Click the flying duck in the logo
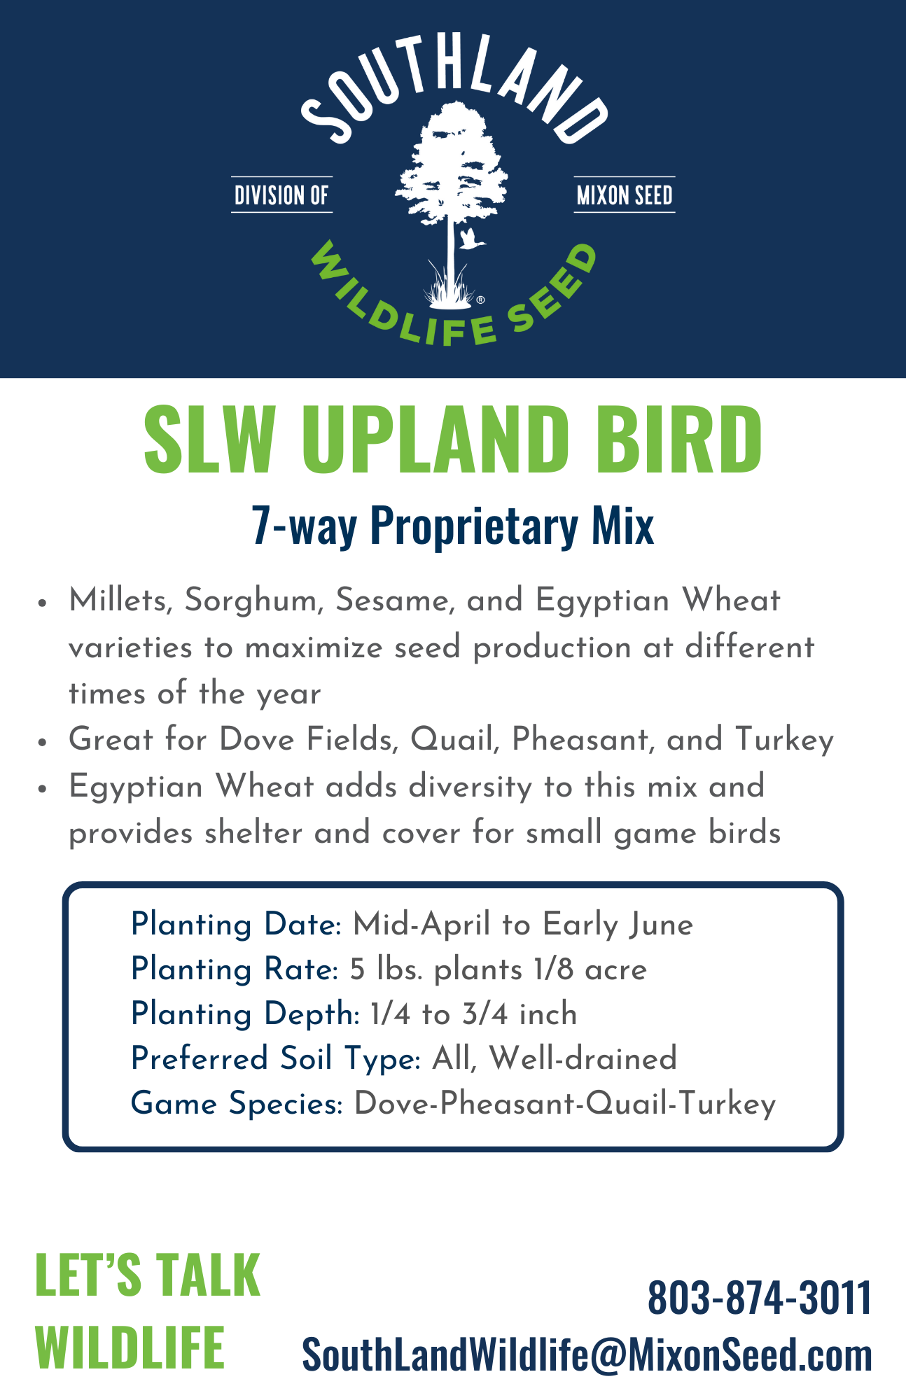coord(472,239)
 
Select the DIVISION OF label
coord(281,195)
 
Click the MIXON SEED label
coord(625,195)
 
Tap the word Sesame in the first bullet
coord(394,601)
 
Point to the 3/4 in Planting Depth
coord(485,1014)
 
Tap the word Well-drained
coord(583,1058)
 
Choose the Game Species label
coord(237,1104)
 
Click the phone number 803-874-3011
coord(760,1297)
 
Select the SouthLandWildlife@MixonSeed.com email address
coord(587,1355)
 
